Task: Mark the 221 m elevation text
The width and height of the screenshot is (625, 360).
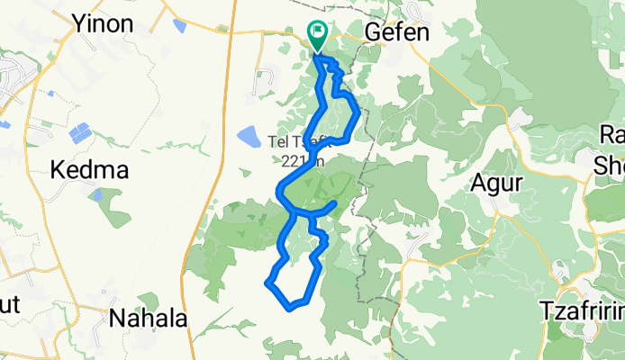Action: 298,158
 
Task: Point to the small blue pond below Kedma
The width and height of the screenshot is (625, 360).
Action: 95,194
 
